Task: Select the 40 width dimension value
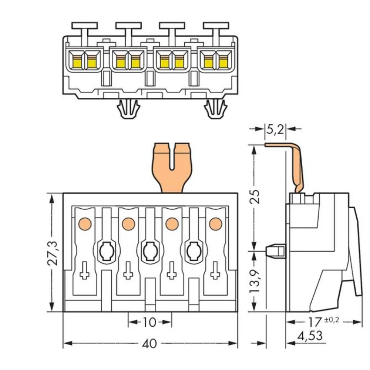[150, 344]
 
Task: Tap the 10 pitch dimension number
[150, 322]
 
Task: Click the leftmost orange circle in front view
[85, 223]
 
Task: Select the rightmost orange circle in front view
[215, 223]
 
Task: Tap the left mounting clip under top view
[128, 109]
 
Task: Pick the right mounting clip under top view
[215, 109]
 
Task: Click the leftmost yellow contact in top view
[77, 62]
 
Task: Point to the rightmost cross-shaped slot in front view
[215, 271]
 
